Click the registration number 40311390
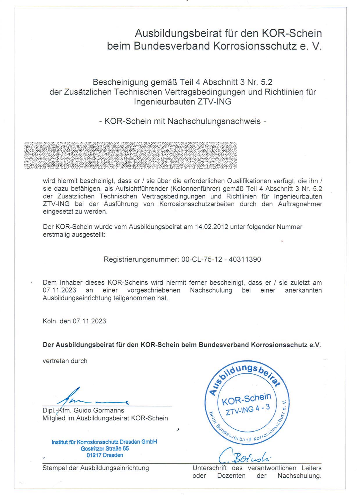tap(245, 259)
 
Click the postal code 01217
tap(94, 455)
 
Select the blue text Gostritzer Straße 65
tap(105, 448)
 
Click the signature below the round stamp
tap(244, 457)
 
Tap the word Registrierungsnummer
tap(141, 259)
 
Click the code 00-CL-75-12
tap(202, 259)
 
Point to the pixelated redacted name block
tap(130, 155)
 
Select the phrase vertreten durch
tap(65, 361)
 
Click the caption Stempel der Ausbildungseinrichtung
tap(96, 468)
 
